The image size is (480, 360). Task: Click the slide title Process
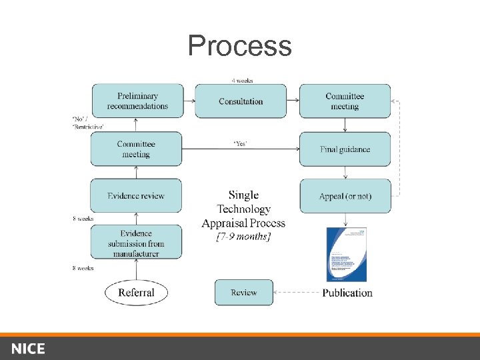tap(239, 46)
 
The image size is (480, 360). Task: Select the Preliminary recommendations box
tap(137, 101)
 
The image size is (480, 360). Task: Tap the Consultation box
tap(241, 101)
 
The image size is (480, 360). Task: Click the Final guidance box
tap(345, 149)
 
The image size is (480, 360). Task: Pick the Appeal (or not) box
tap(345, 196)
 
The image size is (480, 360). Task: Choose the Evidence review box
tap(136, 196)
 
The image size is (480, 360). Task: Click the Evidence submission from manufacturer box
tap(136, 243)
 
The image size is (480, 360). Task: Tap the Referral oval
tap(136, 292)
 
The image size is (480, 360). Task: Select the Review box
tap(243, 293)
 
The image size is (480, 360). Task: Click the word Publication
tap(347, 293)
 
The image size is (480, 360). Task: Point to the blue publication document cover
tap(346, 254)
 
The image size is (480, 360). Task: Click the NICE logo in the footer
tap(28, 349)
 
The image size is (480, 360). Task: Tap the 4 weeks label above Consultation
tap(242, 81)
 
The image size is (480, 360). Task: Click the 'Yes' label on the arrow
tap(240, 143)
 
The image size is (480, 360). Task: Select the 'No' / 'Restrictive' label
tap(87, 123)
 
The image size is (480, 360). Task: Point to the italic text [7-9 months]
tap(243, 237)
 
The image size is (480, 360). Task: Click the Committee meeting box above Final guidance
tap(345, 101)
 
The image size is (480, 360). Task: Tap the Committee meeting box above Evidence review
tap(136, 149)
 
